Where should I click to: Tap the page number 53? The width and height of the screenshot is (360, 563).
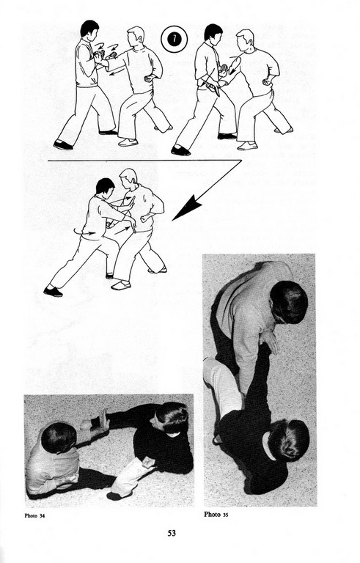point(172,533)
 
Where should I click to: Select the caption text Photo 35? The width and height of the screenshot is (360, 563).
point(216,515)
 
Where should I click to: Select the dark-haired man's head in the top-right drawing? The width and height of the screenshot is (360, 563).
point(213,34)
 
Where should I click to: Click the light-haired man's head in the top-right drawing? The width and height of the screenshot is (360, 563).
point(246,40)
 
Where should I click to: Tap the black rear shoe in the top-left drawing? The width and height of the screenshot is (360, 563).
point(63,145)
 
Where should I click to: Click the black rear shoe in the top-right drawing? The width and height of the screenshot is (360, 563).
point(180,150)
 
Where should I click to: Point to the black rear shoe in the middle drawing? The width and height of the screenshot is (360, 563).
point(53,291)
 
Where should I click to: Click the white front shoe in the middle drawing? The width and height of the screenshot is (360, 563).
point(121,285)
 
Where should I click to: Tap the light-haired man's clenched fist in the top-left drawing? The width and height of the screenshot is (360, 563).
point(147,79)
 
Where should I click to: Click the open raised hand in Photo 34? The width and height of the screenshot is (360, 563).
point(103,421)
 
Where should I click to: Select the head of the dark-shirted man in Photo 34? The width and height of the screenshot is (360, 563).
point(172,419)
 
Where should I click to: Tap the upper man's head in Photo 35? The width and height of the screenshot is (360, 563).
point(288,302)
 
